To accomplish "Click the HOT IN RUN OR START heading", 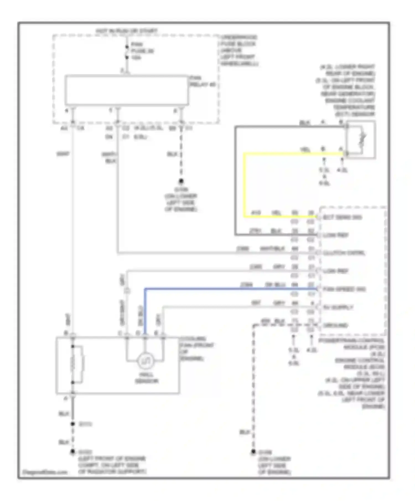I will (x=127, y=31).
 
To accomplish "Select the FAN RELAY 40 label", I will (x=202, y=81).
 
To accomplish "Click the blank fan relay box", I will (x=127, y=90).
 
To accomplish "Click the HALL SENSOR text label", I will (x=147, y=378).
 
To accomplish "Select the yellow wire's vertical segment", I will (x=244, y=185).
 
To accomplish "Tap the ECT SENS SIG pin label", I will (x=343, y=217).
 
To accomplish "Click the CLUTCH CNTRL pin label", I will (x=344, y=253).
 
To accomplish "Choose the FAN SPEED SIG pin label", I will (x=344, y=289).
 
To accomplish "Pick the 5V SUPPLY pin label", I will (x=338, y=307).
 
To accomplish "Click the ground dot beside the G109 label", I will (x=181, y=181).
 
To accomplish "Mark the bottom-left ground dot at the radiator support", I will (x=73, y=452).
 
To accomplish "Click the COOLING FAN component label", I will (x=196, y=349).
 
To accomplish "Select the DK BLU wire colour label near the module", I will (x=275, y=285).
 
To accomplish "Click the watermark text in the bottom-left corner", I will (x=45, y=472).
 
